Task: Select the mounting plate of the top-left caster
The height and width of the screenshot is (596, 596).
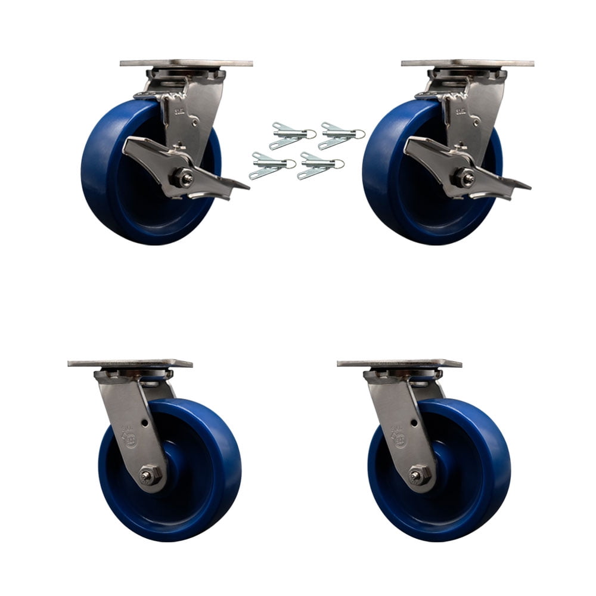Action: coord(186,63)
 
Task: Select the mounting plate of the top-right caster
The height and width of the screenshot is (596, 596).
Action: coord(467,63)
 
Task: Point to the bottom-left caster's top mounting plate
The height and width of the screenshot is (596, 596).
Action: coord(130,364)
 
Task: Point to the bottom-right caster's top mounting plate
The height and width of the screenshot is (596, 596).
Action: coord(399,364)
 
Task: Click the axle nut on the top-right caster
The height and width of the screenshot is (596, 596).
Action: coord(462,177)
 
